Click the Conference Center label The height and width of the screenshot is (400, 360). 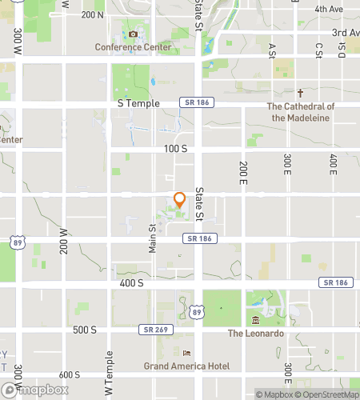pyautogui.click(x=133, y=47)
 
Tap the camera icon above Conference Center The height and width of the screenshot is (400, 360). pyautogui.click(x=133, y=34)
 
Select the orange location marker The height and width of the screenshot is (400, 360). pyautogui.click(x=180, y=199)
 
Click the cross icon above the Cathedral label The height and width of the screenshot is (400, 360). pyautogui.click(x=302, y=93)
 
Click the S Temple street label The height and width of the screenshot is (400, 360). pyautogui.click(x=138, y=103)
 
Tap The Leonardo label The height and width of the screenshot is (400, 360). pyautogui.click(x=256, y=333)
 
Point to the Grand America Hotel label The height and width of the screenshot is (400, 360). pyautogui.click(x=186, y=366)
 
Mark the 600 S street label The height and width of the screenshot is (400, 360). pyautogui.click(x=69, y=374)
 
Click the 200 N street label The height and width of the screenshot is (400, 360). pyautogui.click(x=93, y=14)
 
